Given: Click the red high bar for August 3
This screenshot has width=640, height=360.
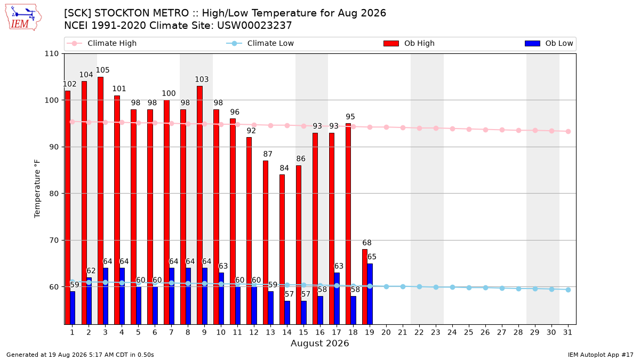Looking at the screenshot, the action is pyautogui.click(x=101, y=201).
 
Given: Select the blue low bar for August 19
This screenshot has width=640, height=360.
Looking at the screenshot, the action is pyautogui.click(x=370, y=294).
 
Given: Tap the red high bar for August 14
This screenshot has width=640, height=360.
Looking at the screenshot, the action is pyautogui.click(x=282, y=250).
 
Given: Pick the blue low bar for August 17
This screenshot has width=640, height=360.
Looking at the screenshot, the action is pyautogui.click(x=337, y=299).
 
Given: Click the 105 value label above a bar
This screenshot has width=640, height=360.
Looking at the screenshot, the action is pyautogui.click(x=102, y=70).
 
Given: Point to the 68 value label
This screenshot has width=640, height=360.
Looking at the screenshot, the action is pyautogui.click(x=367, y=243).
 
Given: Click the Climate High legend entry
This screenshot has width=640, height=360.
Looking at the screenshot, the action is pyautogui.click(x=102, y=43).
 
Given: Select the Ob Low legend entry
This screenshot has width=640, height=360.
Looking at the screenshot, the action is pyautogui.click(x=549, y=43).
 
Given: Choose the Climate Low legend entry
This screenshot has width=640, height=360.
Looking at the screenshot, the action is pyautogui.click(x=260, y=43).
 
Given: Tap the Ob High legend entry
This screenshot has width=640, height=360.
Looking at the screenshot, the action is pyautogui.click(x=409, y=43).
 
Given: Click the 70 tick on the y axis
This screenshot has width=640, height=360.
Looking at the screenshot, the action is pyautogui.click(x=54, y=241).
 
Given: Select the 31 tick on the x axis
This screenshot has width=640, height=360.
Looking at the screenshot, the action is pyautogui.click(x=567, y=332).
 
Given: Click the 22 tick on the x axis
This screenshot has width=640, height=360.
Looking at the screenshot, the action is pyautogui.click(x=419, y=332).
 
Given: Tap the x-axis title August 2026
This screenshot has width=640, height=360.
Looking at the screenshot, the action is pyautogui.click(x=319, y=343).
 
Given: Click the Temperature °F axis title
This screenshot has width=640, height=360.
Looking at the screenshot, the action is pyautogui.click(x=37, y=189).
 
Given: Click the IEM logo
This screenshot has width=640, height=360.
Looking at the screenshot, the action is pyautogui.click(x=23, y=18).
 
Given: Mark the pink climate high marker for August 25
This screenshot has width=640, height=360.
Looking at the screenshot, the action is pyautogui.click(x=469, y=129).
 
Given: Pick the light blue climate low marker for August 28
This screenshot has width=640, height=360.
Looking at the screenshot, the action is pyautogui.click(x=518, y=289).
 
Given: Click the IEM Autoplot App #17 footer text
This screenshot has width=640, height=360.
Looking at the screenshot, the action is pyautogui.click(x=601, y=355).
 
